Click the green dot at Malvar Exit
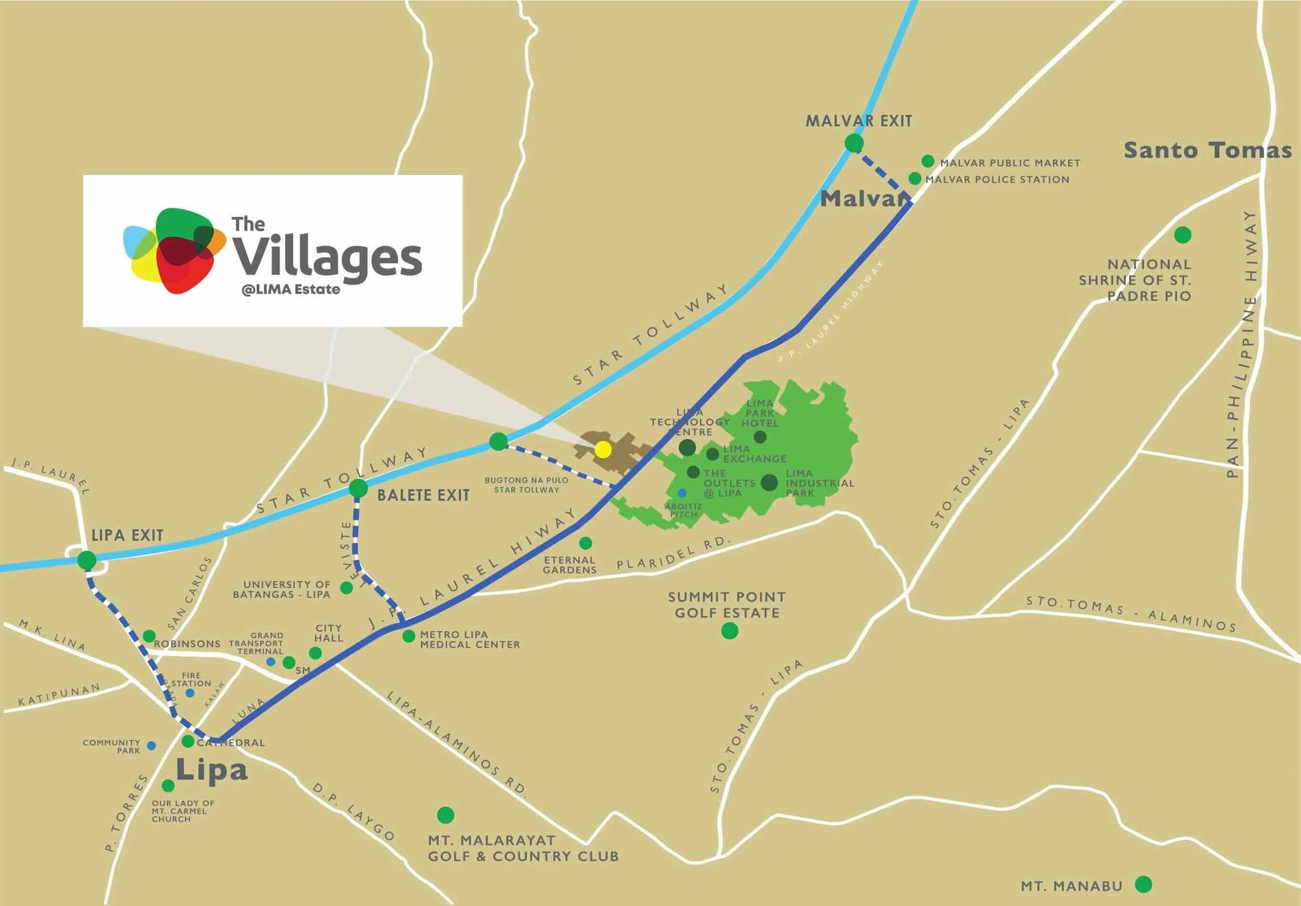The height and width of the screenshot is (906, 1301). (x=854, y=143)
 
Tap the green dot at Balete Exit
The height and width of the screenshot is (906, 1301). (x=358, y=489)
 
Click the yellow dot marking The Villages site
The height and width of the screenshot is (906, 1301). (x=603, y=450)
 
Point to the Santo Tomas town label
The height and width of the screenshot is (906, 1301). (x=1207, y=151)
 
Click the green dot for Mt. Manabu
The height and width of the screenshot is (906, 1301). (x=1144, y=884)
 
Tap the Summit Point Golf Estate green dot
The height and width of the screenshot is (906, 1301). (x=729, y=631)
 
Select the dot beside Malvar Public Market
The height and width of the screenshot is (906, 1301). (x=928, y=161)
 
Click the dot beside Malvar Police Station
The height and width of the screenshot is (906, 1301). (x=914, y=178)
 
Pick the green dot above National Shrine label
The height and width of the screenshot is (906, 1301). (x=1182, y=235)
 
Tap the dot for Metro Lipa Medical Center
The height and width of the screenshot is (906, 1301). (x=409, y=637)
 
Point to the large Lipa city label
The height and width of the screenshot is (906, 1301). (x=212, y=770)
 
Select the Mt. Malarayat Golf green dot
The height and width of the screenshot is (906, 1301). (x=445, y=815)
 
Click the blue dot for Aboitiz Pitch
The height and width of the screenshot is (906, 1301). (x=682, y=493)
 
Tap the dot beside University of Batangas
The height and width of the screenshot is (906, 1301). (x=346, y=588)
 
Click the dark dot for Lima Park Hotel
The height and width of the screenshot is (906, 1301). (x=760, y=437)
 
